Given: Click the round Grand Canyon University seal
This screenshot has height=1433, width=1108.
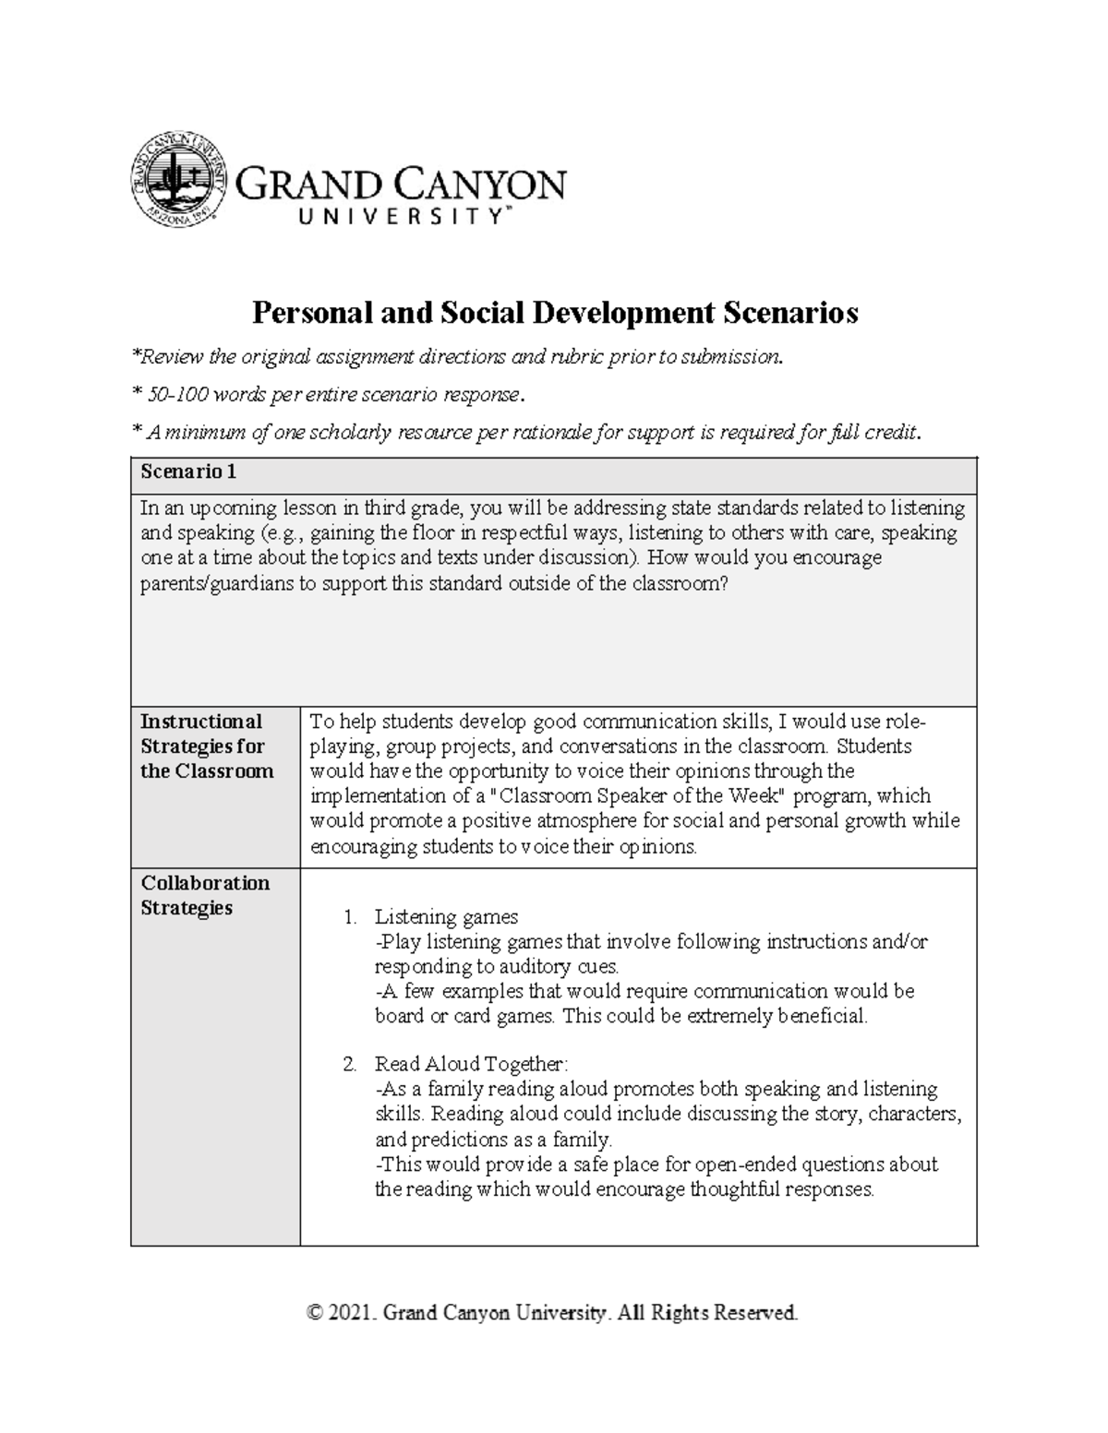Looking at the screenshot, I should (x=176, y=179).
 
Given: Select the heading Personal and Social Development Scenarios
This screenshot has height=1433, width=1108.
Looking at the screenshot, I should (x=555, y=313).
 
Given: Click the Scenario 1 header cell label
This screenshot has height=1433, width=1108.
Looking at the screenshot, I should (x=188, y=472).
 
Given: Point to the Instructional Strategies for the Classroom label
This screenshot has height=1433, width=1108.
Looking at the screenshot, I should (x=207, y=746).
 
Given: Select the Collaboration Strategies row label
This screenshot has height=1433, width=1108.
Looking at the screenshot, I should (x=205, y=895).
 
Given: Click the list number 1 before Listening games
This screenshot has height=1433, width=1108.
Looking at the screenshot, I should (x=349, y=917).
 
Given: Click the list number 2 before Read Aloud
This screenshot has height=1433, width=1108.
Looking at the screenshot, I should (x=349, y=1064).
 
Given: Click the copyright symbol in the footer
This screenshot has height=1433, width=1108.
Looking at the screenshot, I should (x=316, y=1312).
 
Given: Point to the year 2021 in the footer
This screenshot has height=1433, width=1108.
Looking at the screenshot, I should (x=353, y=1312).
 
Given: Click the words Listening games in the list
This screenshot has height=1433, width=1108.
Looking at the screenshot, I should (x=446, y=917).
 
